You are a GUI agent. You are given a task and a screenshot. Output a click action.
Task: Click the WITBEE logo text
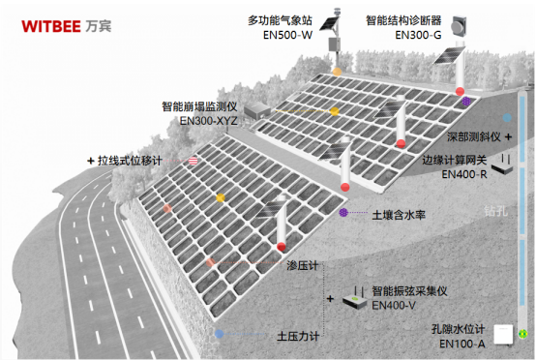point(47,24)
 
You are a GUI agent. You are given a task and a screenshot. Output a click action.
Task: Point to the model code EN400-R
point(443,175)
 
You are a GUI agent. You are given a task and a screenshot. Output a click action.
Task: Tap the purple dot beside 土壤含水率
point(343,211)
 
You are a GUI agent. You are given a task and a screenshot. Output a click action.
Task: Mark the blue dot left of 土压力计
point(221,334)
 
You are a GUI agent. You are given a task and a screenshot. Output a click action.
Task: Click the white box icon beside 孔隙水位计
point(502,334)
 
